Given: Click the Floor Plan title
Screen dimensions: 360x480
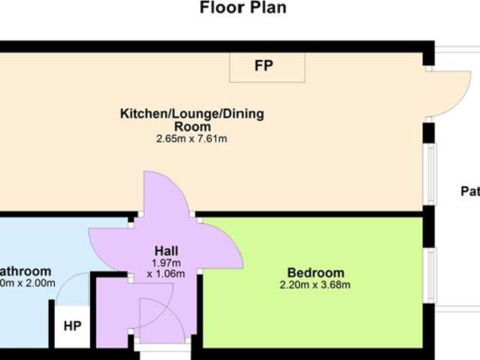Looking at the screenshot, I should [x=242, y=9].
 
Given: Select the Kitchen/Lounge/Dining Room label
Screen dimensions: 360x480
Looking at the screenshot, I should [x=192, y=120].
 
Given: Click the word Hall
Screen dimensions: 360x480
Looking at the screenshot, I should [x=166, y=250].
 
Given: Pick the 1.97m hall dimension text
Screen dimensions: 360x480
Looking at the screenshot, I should [x=166, y=263].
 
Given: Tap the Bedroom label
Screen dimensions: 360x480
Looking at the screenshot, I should [x=316, y=272].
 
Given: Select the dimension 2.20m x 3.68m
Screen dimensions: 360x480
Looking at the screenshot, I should [x=316, y=285].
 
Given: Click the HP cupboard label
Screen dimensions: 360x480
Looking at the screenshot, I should [x=72, y=327].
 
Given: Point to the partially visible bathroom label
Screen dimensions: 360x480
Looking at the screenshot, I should [x=24, y=271].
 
